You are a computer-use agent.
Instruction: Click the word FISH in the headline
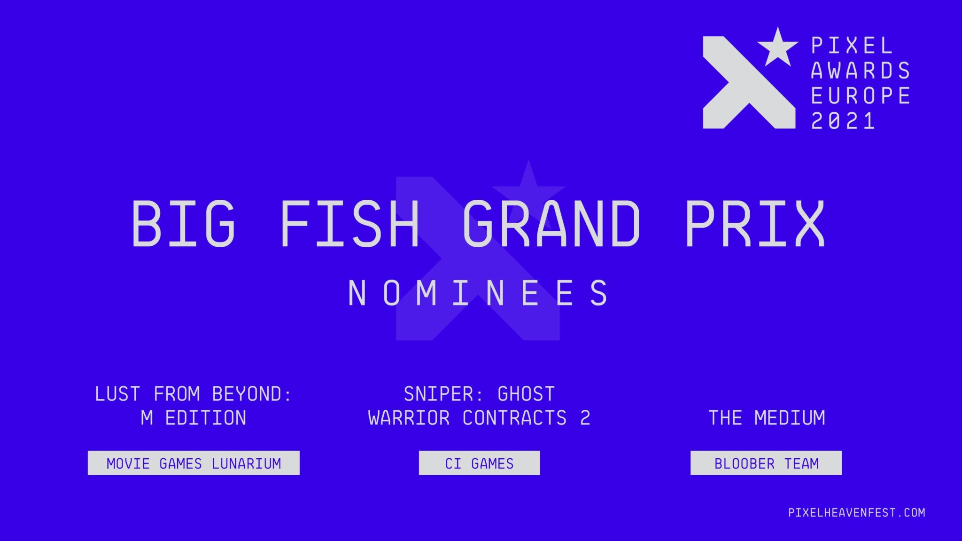coord(349,223)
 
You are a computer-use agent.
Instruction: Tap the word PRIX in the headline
coord(755,223)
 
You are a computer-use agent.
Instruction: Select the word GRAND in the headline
coord(551,223)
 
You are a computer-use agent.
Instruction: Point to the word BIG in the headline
coord(183,223)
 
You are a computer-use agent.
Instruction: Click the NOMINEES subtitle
coord(478,293)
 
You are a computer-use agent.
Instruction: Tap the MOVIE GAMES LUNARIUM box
coord(194,463)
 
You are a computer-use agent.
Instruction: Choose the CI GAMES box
coord(479,463)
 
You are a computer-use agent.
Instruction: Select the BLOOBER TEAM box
coord(766,463)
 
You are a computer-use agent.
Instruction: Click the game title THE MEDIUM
coord(767,418)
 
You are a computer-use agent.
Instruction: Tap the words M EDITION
coord(194,418)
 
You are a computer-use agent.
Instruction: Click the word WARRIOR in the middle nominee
coord(409,418)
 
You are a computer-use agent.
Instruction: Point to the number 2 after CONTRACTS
coord(585,418)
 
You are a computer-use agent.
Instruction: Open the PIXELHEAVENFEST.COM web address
coord(857,512)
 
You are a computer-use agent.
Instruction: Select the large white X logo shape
coord(749,83)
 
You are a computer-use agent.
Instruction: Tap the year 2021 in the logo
coord(843,121)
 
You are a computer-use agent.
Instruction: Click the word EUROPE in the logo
coord(861,96)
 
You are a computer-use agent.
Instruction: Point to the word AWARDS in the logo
coord(861,71)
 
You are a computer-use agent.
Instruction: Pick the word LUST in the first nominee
coord(117,394)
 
